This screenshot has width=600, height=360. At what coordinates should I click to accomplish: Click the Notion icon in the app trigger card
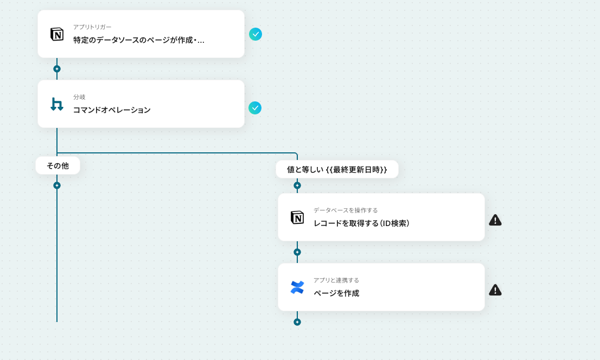(x=57, y=34)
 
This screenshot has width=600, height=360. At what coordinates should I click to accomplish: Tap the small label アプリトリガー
(x=92, y=27)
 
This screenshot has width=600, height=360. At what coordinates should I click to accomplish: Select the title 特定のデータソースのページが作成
(x=139, y=40)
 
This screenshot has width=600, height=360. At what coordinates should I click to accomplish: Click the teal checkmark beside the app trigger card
(x=256, y=34)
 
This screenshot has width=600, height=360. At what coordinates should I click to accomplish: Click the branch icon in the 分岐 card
(x=57, y=104)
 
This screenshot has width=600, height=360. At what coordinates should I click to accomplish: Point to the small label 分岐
(x=79, y=97)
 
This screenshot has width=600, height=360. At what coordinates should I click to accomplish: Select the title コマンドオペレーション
(x=112, y=110)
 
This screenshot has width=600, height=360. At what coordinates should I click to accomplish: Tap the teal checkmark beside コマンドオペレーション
(x=255, y=108)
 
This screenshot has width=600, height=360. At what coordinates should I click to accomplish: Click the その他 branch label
(x=58, y=166)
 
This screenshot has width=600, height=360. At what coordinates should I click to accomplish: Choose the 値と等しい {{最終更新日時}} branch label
(x=337, y=169)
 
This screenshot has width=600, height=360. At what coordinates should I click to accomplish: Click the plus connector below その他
(x=57, y=185)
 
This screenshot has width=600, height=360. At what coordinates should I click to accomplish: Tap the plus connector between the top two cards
(x=57, y=69)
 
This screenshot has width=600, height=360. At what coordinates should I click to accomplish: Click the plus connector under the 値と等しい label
(x=297, y=185)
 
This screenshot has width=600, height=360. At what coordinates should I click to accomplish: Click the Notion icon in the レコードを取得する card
(x=297, y=217)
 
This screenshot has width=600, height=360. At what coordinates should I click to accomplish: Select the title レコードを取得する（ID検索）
(x=361, y=223)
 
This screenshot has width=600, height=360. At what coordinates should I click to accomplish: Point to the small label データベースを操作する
(x=346, y=210)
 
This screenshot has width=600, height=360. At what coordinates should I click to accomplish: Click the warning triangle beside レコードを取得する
(x=495, y=220)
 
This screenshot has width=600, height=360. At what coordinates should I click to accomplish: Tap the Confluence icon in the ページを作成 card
(x=297, y=287)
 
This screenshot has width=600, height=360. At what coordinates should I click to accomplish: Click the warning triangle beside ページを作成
(x=495, y=290)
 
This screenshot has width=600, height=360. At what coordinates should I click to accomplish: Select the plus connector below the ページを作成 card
(x=297, y=322)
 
